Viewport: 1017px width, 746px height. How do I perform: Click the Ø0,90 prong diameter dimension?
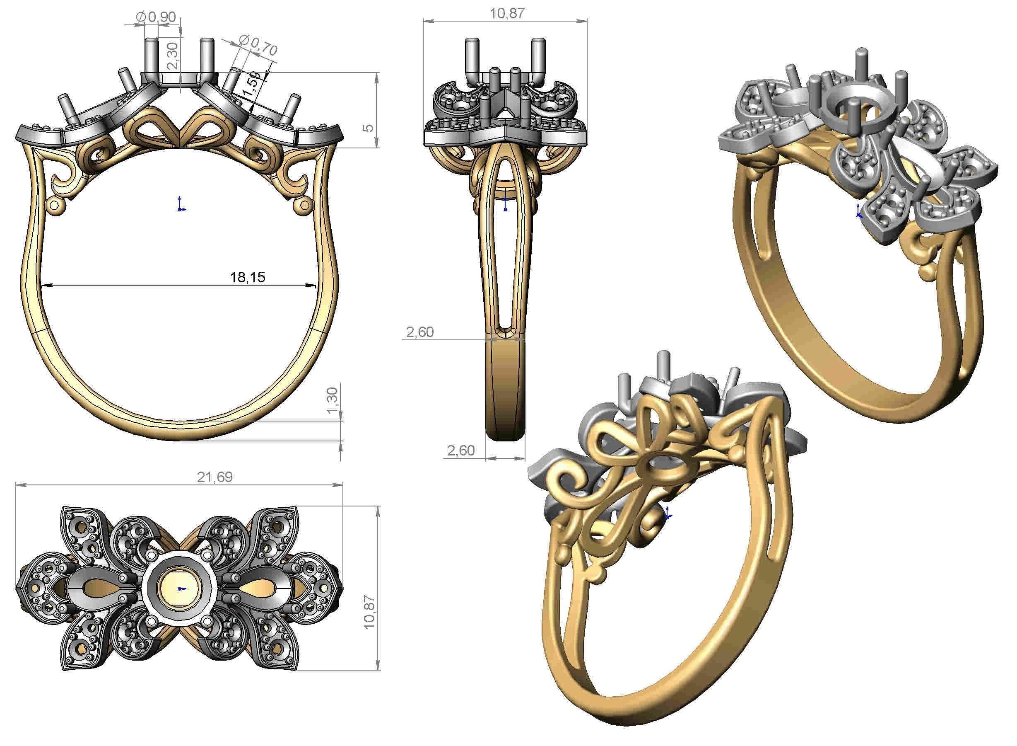click(x=156, y=17)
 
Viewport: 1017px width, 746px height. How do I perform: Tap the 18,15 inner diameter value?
click(x=248, y=277)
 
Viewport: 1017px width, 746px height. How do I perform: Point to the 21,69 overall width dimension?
click(x=214, y=477)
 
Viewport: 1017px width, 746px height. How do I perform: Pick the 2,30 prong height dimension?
click(x=173, y=55)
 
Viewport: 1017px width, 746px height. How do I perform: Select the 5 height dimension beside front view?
click(x=369, y=127)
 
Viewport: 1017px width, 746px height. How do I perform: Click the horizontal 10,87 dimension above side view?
click(x=507, y=13)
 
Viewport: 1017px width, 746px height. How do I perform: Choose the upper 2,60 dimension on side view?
click(x=419, y=332)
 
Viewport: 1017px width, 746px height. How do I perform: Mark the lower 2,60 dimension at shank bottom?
click(x=461, y=450)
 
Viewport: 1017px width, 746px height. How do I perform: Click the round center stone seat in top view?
click(x=180, y=589)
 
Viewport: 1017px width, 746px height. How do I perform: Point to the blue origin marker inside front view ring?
click(x=181, y=205)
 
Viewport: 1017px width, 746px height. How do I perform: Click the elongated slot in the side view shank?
click(x=504, y=253)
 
